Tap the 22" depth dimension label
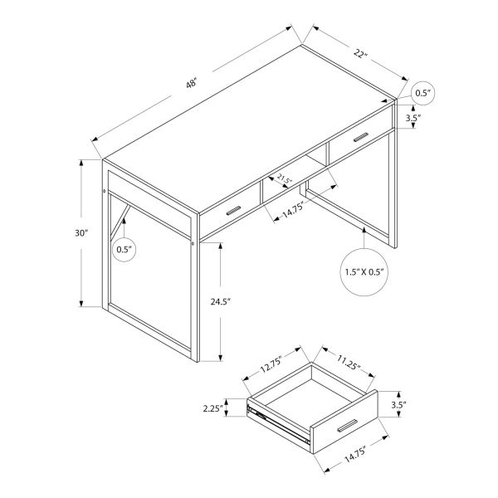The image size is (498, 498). (x=360, y=55)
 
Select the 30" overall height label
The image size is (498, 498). (x=81, y=234)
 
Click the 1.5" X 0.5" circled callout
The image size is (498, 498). (x=365, y=271)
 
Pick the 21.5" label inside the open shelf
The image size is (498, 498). (x=285, y=179)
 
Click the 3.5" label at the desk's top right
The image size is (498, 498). (x=413, y=119)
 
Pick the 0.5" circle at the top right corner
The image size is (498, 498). (x=423, y=94)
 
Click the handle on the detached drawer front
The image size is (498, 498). (x=349, y=425)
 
